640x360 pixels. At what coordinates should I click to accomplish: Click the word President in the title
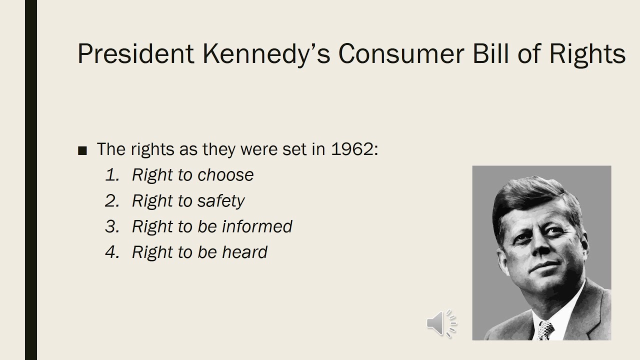(x=135, y=53)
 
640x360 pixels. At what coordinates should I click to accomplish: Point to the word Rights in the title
(x=587, y=54)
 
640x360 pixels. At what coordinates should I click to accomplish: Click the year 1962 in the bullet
(x=352, y=149)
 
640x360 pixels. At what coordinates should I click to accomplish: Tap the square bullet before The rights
(x=83, y=150)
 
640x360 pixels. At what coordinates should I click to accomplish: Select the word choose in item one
(x=225, y=175)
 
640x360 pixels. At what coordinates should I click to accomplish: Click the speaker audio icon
(x=441, y=323)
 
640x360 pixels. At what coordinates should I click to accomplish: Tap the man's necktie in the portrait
(x=545, y=330)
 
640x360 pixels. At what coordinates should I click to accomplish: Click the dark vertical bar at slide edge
(x=31, y=180)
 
